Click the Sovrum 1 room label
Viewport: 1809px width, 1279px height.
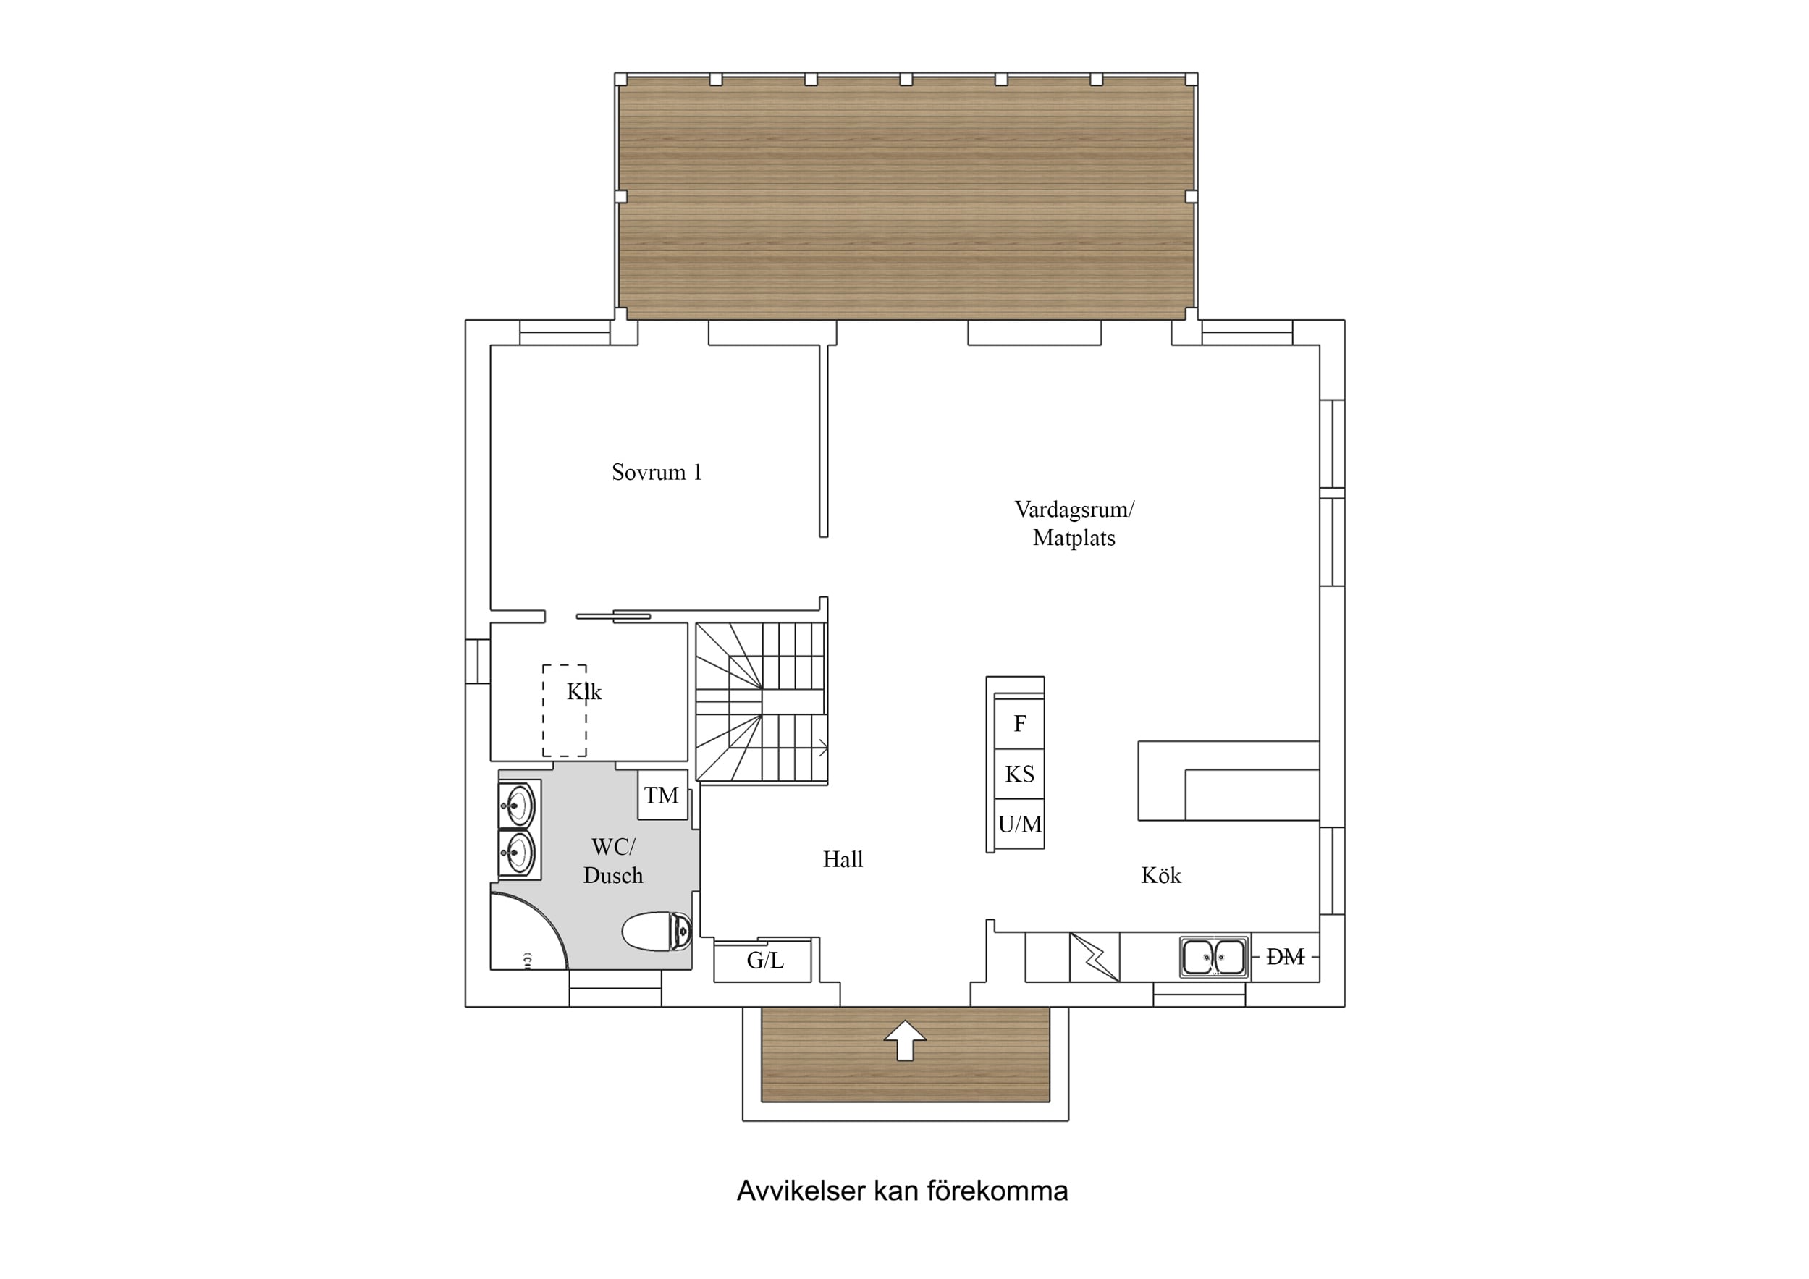[657, 472]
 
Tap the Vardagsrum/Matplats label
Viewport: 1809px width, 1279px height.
[1074, 523]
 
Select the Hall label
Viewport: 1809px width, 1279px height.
[843, 859]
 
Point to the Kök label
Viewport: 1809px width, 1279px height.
[1160, 874]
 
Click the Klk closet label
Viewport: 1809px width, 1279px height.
[584, 691]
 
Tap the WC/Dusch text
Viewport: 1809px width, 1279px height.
[613, 861]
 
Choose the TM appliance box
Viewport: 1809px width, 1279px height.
[662, 794]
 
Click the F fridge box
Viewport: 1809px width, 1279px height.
[1019, 722]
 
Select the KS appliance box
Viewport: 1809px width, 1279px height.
[1019, 774]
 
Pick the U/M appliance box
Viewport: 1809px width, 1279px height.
[1019, 824]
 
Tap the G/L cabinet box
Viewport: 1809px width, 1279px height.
[763, 961]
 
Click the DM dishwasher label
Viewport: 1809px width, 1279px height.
[1285, 957]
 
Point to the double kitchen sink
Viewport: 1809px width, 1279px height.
[1214, 958]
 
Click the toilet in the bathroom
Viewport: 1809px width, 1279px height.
[657, 932]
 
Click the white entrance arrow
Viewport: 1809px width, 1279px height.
[906, 1041]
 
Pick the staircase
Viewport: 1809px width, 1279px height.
[761, 702]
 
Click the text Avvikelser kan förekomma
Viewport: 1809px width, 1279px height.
[902, 1191]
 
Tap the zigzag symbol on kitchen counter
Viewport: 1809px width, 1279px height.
[1095, 958]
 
